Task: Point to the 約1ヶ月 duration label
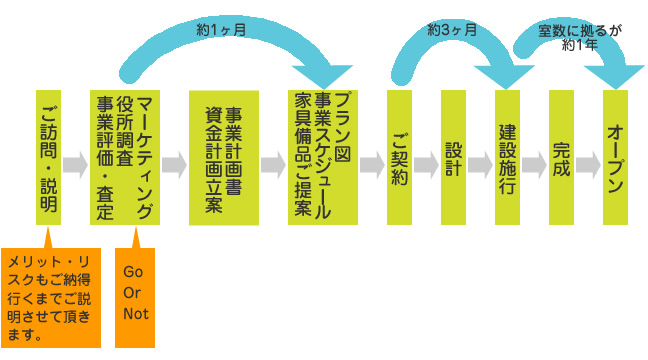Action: point(222,31)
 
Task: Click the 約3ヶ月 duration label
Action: point(452,31)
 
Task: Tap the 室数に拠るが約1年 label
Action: point(580,37)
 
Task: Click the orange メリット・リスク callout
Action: point(52,297)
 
